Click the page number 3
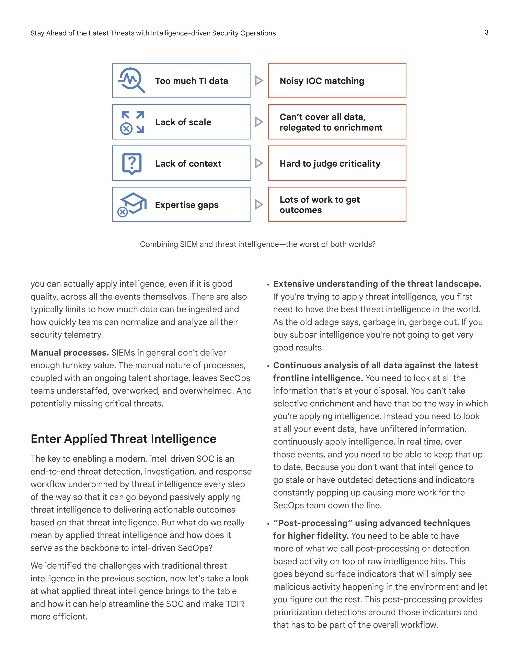[486, 32]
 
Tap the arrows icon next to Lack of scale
[132, 122]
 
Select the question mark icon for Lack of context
[132, 163]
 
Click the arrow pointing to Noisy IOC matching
[259, 81]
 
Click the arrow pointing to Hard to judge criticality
[259, 163]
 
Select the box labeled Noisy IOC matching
[337, 81]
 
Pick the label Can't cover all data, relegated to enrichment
[331, 122]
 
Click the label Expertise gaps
[187, 205]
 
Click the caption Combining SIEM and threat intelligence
[258, 244]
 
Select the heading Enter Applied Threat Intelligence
[124, 439]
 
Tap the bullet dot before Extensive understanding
[268, 285]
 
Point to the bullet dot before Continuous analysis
[268, 366]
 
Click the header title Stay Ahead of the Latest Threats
[153, 33]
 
